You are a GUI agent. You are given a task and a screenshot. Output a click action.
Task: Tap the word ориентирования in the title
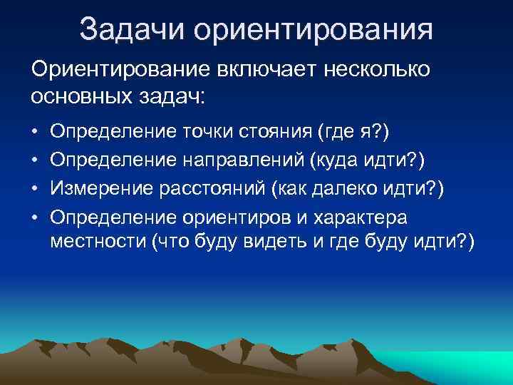(313, 31)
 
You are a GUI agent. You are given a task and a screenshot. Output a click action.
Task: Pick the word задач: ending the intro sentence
(172, 96)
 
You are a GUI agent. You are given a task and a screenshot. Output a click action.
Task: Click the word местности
(98, 242)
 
